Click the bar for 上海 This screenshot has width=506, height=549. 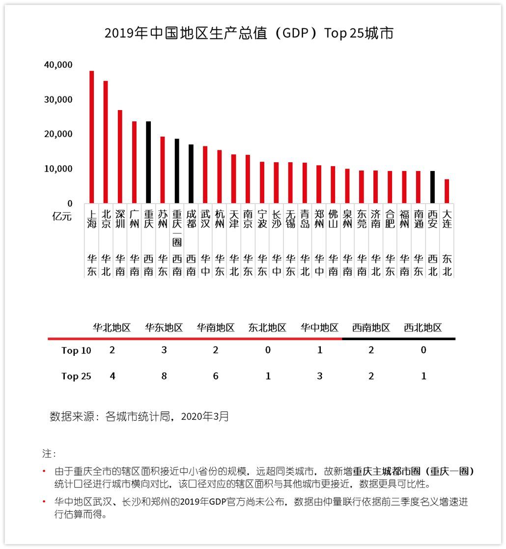pos(92,137)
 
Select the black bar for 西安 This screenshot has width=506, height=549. pos(432,187)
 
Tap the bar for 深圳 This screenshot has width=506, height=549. pos(120,156)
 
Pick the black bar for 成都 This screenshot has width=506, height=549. pos(191,173)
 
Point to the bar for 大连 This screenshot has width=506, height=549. pos(447,191)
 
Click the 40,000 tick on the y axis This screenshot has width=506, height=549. pos(58,65)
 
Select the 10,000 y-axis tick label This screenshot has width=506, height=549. pos(58,169)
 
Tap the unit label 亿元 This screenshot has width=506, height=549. pos(62,216)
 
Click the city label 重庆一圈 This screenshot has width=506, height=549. pos(177,228)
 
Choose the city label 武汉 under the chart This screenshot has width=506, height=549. pos(205,219)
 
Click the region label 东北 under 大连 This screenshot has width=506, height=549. pos(447,265)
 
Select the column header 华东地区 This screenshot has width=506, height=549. pos(164,328)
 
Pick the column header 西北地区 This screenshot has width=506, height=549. pos(423,328)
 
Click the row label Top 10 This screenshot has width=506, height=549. pos(76,350)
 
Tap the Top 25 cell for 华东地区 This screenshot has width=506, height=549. pos(164,376)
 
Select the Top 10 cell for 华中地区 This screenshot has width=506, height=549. pos(319,350)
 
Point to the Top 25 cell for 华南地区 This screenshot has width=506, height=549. pos(216,376)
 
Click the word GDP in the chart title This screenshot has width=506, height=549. pos(295,33)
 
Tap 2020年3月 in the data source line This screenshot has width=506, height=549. pos(205,416)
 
